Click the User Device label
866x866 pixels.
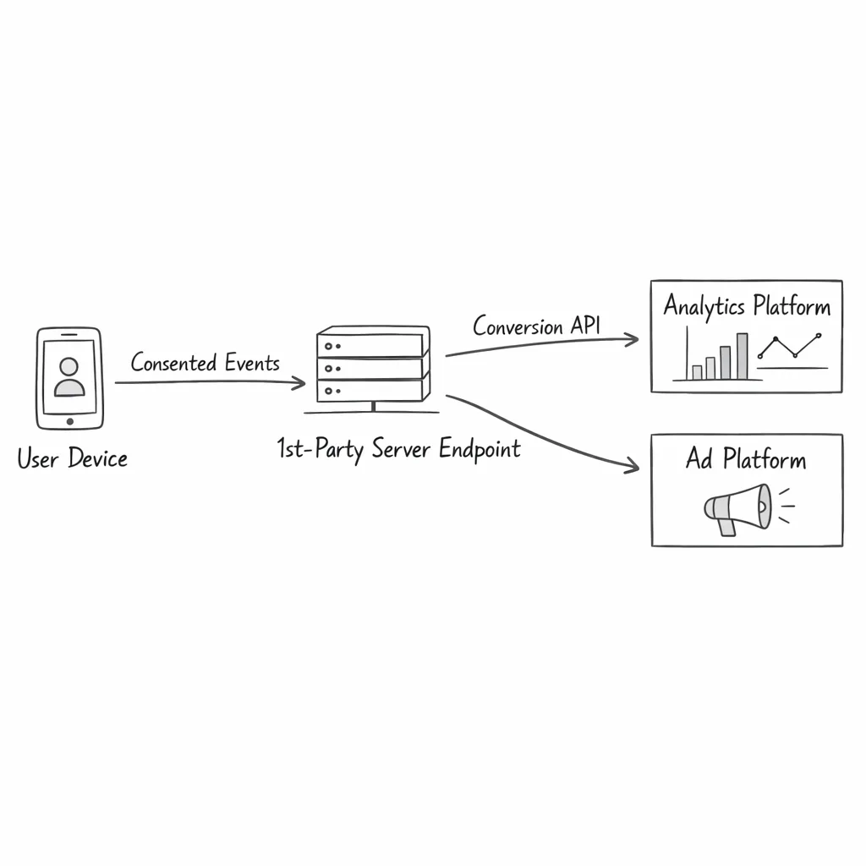click(73, 459)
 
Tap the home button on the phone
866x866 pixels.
click(69, 420)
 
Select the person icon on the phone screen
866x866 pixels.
click(69, 377)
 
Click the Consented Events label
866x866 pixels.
click(205, 364)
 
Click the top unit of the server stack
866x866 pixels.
click(370, 345)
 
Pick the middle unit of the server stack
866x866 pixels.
click(370, 368)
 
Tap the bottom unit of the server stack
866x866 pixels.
click(370, 390)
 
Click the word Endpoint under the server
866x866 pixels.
click(480, 449)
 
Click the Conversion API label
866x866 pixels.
click(536, 326)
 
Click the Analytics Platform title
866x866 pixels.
click(747, 305)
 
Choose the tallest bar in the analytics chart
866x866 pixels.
click(742, 356)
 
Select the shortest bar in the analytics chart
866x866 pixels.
click(697, 372)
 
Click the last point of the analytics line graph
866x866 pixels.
click(818, 337)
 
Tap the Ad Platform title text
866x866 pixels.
click(746, 460)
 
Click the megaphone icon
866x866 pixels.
click(737, 508)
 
